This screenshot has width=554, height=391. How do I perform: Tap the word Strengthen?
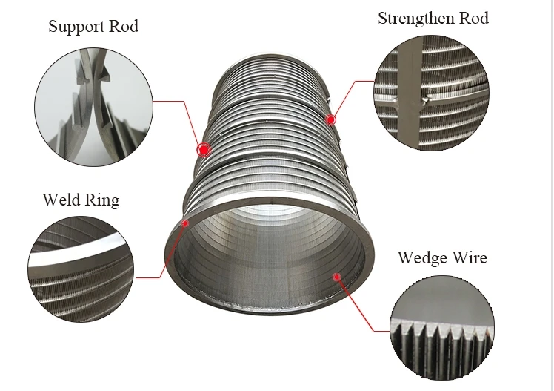point(415,19)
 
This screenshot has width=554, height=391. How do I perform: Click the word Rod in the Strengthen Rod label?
point(474,18)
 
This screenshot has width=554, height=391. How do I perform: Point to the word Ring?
point(102,200)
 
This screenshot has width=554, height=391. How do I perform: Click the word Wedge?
point(422,258)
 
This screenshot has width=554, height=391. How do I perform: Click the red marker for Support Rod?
point(204,150)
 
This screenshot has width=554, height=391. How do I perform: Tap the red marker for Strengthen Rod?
point(330,120)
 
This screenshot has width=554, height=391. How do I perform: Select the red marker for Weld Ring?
point(184,223)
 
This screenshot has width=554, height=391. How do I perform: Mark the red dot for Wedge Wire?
point(337,277)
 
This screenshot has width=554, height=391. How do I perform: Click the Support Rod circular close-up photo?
point(93,107)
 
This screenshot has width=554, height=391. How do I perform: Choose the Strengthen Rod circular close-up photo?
point(431,92)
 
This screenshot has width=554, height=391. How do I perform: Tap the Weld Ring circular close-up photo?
point(81,269)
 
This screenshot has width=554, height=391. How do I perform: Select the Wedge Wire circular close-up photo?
point(442,328)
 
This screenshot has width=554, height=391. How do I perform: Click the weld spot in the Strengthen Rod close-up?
point(424,101)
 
